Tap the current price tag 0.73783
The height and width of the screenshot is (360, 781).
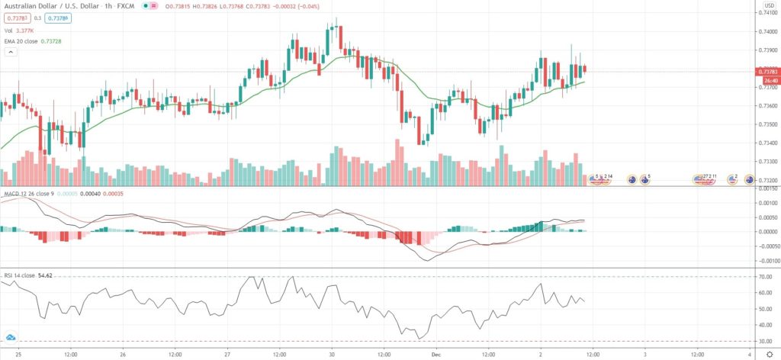(x=767, y=72)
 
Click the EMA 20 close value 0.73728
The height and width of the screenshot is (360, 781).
(x=59, y=42)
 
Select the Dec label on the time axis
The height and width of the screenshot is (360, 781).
(x=435, y=354)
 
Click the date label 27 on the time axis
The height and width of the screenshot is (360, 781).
(x=227, y=354)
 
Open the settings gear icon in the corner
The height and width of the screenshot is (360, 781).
(x=768, y=354)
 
